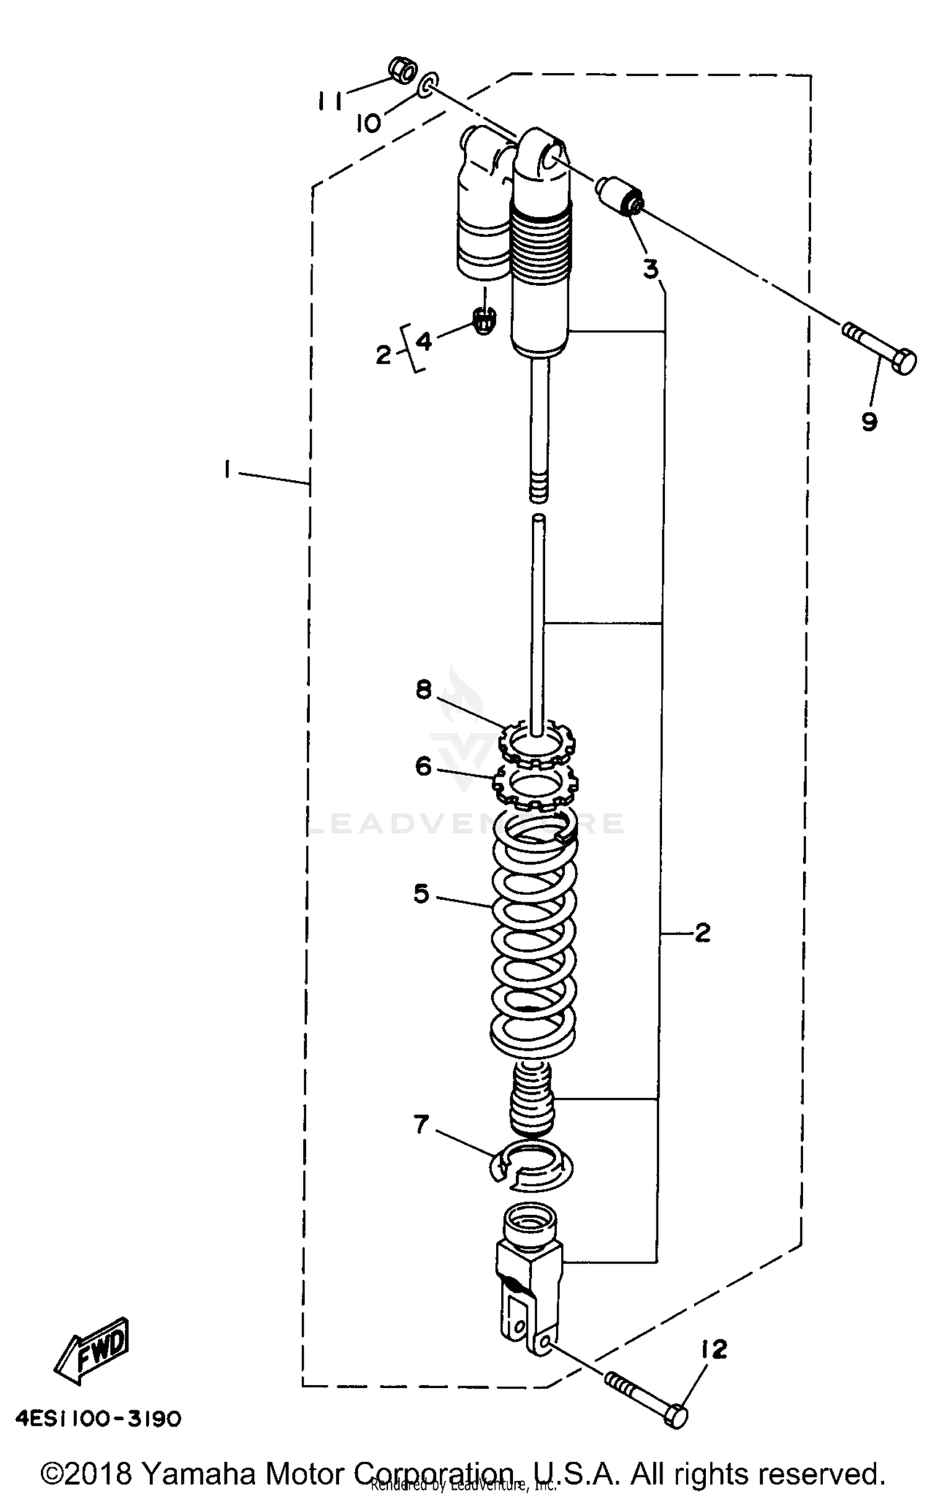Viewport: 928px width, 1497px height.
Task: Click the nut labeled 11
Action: point(403,71)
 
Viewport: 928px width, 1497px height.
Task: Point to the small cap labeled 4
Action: point(484,320)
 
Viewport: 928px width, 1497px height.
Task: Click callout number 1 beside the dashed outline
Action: point(227,471)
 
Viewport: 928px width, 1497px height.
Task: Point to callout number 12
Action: point(714,1350)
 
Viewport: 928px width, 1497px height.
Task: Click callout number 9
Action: point(869,422)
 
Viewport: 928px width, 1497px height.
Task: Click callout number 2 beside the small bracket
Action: point(384,355)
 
